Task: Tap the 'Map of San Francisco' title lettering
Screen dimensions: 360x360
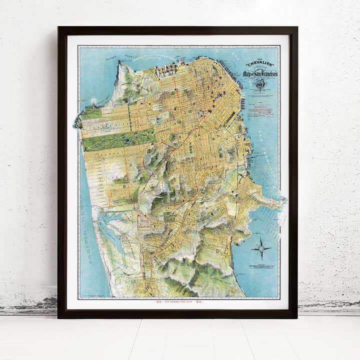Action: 260,74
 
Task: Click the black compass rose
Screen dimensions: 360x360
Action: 262,248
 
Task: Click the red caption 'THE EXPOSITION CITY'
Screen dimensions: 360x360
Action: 178,302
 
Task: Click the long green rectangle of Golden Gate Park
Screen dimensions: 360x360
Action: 118,139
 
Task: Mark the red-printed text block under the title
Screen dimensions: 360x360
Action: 259,108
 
